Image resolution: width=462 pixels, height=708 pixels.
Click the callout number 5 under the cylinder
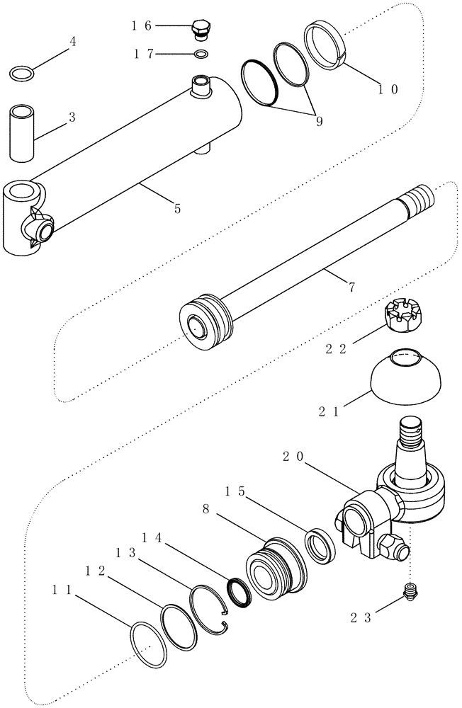pyautogui.click(x=177, y=208)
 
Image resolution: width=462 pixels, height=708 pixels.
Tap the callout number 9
pyautogui.click(x=319, y=122)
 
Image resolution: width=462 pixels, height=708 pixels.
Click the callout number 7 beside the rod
pyautogui.click(x=352, y=287)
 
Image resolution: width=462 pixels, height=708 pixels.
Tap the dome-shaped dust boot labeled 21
pyautogui.click(x=405, y=379)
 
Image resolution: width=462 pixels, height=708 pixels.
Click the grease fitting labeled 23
pyautogui.click(x=410, y=592)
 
